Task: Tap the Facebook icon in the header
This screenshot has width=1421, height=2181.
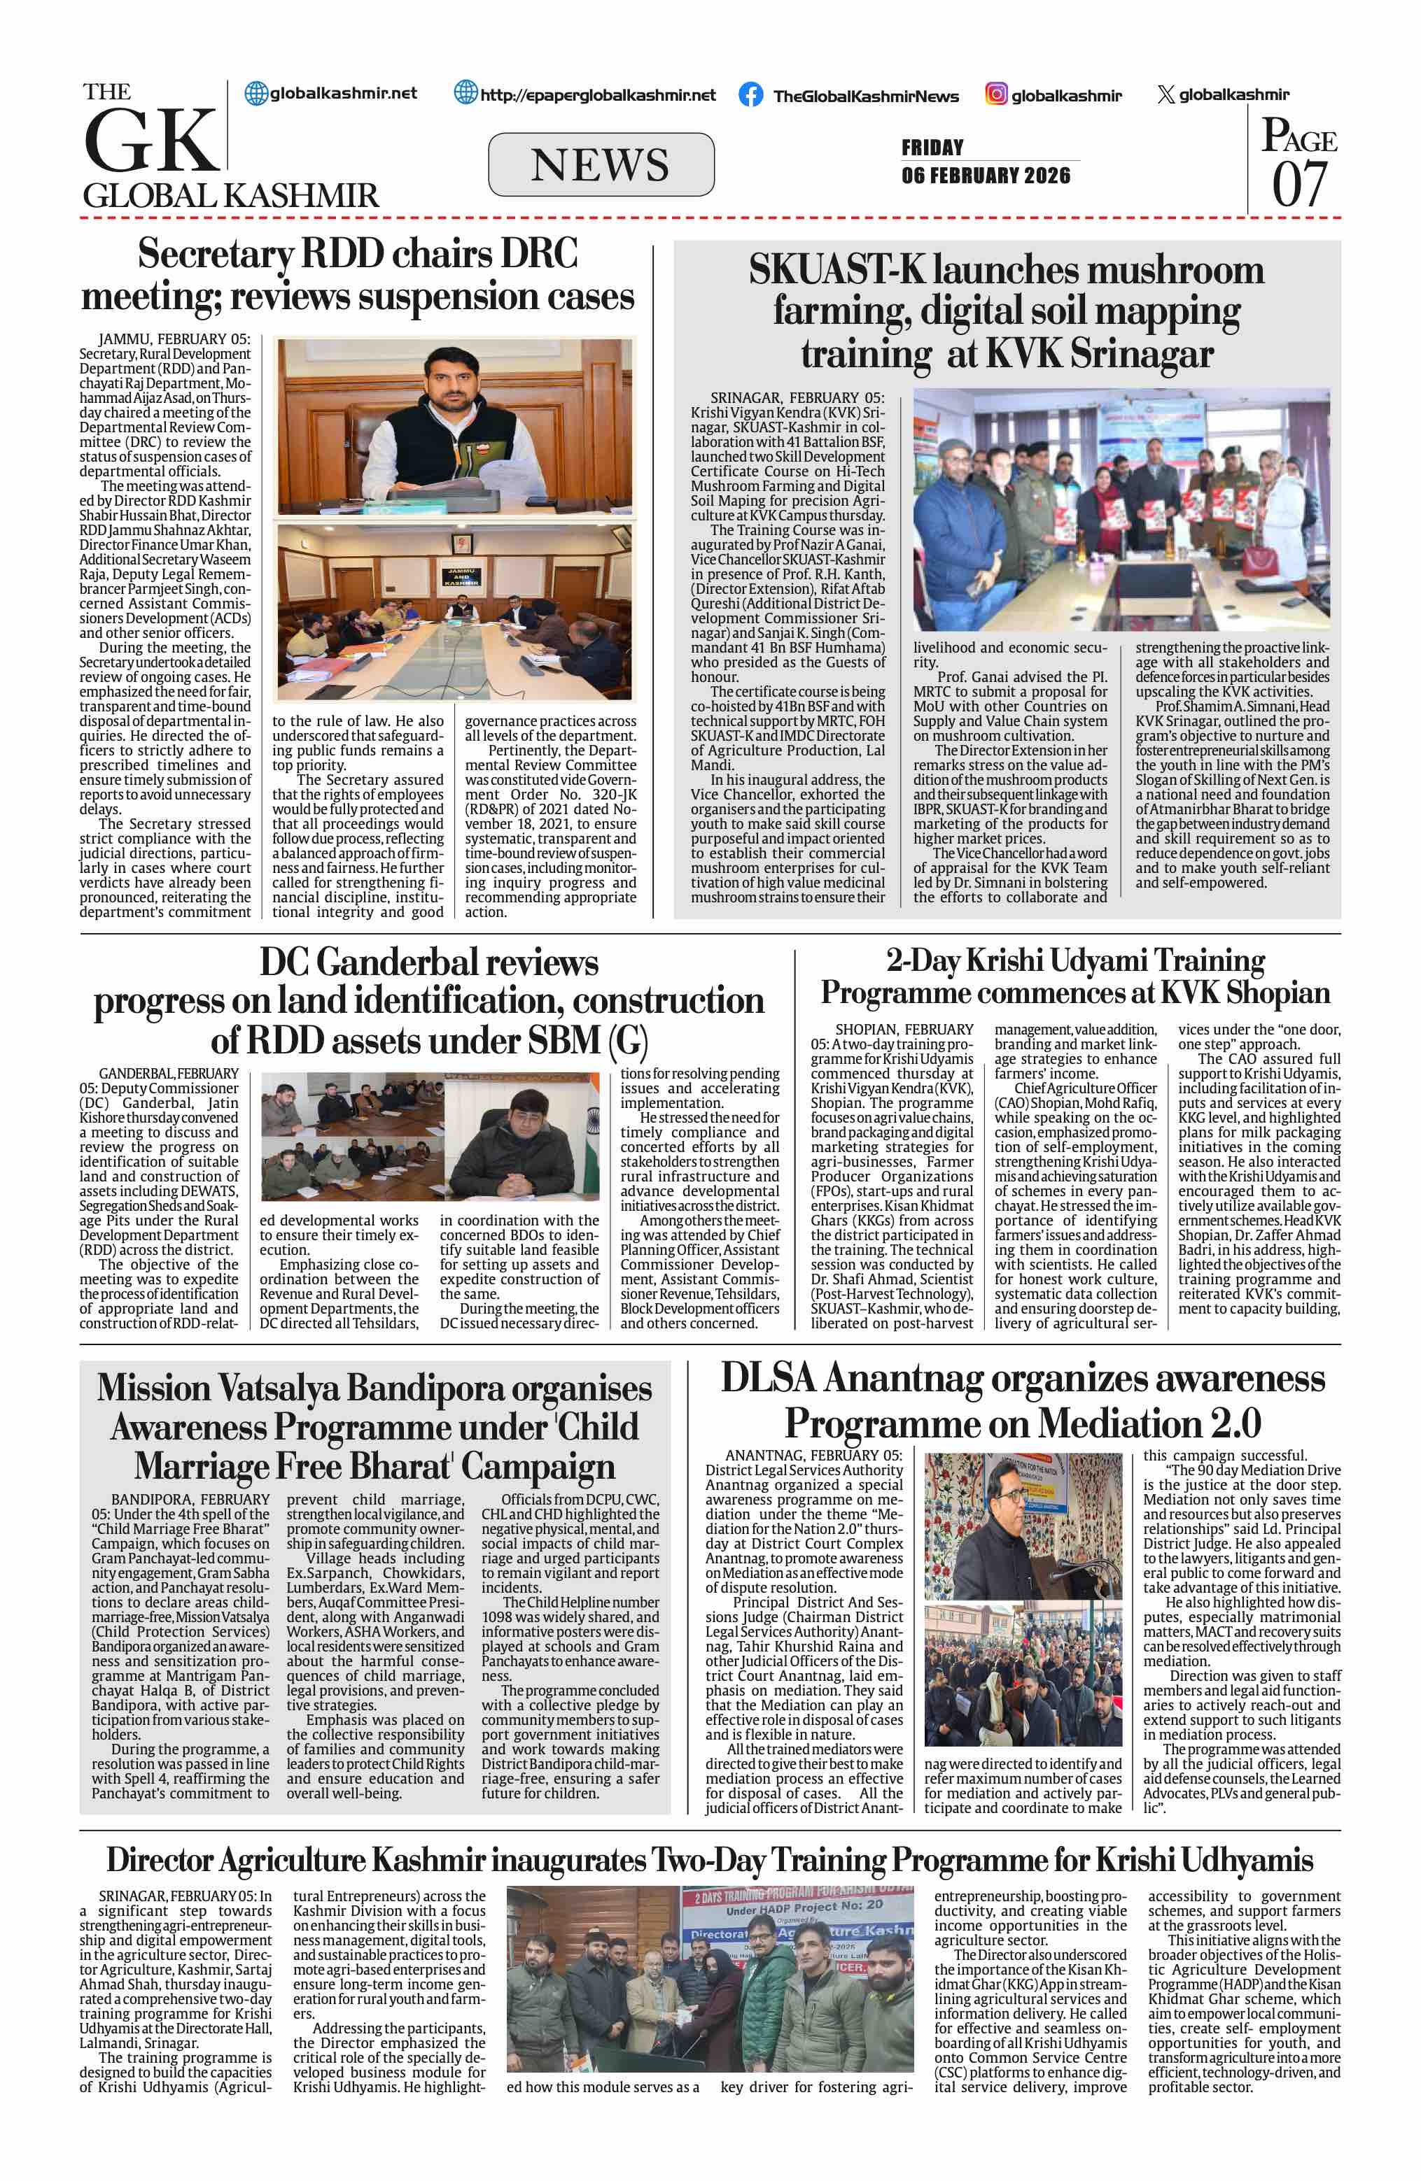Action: (x=751, y=94)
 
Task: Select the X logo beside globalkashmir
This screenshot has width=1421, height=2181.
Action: (x=1165, y=94)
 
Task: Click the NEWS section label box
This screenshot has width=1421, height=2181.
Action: (x=601, y=165)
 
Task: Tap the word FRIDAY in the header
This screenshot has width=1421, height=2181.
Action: (x=932, y=148)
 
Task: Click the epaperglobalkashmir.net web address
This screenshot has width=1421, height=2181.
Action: (x=598, y=94)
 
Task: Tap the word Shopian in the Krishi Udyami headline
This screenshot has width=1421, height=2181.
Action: (x=1278, y=993)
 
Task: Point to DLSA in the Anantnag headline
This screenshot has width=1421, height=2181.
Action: (x=769, y=1379)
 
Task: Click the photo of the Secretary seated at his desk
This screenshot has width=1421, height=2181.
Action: (x=455, y=426)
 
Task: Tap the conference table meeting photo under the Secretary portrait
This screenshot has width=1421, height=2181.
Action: (x=455, y=611)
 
